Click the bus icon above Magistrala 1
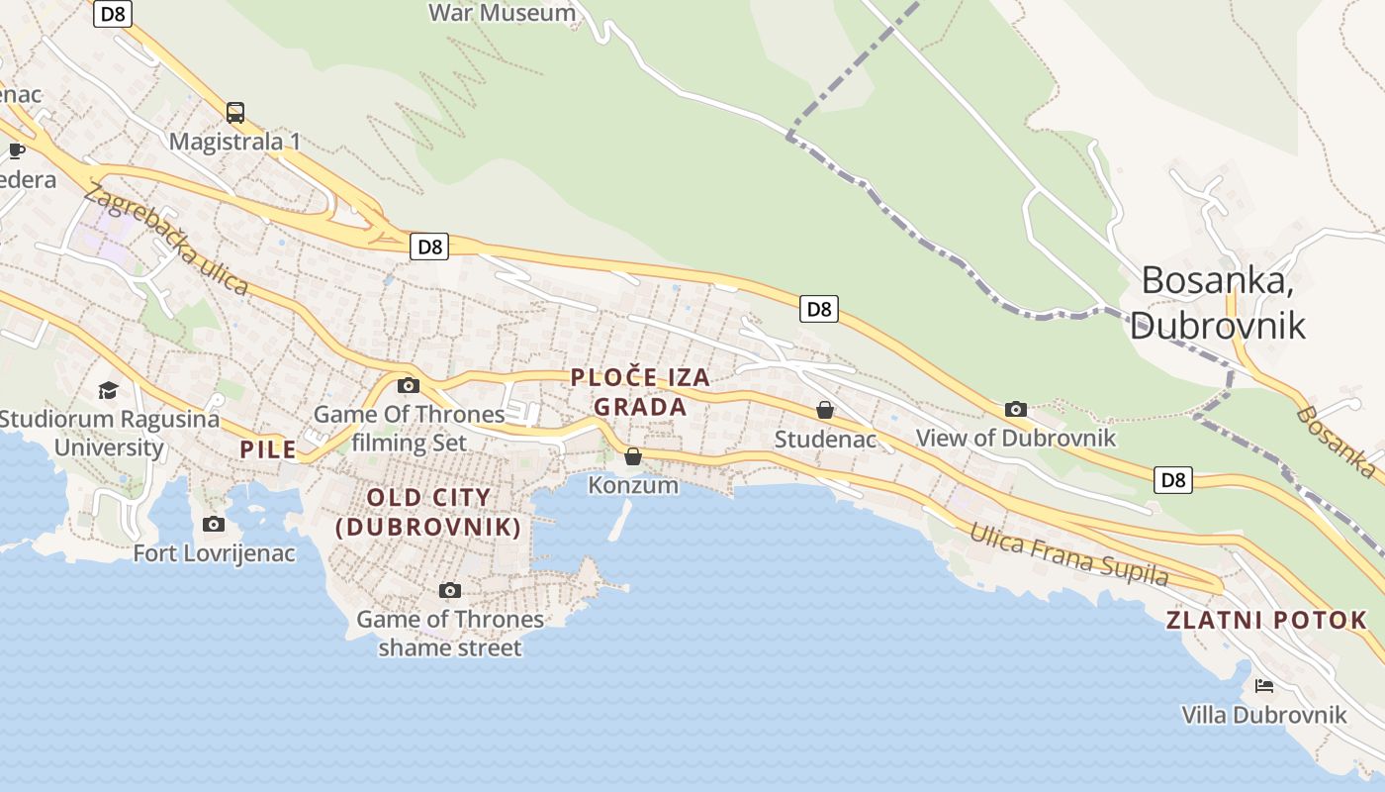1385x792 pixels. (234, 113)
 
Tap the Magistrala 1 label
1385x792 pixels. (234, 142)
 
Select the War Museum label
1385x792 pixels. (503, 13)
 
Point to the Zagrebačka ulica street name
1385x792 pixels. (165, 240)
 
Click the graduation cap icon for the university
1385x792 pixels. (108, 391)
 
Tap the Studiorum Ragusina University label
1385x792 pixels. (109, 433)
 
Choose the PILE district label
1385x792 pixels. (268, 449)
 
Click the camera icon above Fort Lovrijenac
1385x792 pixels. (214, 524)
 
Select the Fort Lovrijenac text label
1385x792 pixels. (215, 553)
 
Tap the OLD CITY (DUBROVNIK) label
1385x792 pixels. (428, 512)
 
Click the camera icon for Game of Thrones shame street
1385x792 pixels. (450, 590)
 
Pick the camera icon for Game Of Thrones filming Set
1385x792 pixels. (409, 385)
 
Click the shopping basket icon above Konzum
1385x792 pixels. (633, 456)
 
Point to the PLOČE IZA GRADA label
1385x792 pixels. (640, 392)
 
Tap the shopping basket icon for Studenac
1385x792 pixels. (825, 410)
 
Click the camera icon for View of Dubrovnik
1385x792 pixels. (1016, 409)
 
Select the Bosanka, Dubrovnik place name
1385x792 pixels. (1217, 302)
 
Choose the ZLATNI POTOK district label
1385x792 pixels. (1266, 621)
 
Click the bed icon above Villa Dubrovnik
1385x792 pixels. (1264, 685)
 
